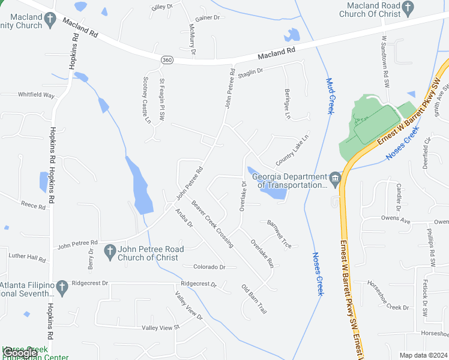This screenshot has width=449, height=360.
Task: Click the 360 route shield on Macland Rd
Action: point(167,60)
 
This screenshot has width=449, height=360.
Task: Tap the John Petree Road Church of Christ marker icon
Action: point(109,251)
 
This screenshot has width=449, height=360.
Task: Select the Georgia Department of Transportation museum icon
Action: point(336,177)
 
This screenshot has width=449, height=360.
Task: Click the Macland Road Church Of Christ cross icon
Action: point(408,8)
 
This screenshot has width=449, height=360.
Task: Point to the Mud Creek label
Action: point(329,96)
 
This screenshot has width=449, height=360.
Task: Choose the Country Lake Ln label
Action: point(292,150)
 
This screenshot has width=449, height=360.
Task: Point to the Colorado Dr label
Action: point(209,267)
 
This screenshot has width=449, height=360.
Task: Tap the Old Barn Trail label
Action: point(254,299)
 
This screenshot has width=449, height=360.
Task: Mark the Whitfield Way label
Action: point(36,95)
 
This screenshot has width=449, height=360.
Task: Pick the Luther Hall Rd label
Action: point(27,257)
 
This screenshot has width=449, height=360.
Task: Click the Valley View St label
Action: point(160,327)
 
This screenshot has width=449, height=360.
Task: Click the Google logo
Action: point(19,353)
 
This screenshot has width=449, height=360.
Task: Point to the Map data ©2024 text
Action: point(423,355)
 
